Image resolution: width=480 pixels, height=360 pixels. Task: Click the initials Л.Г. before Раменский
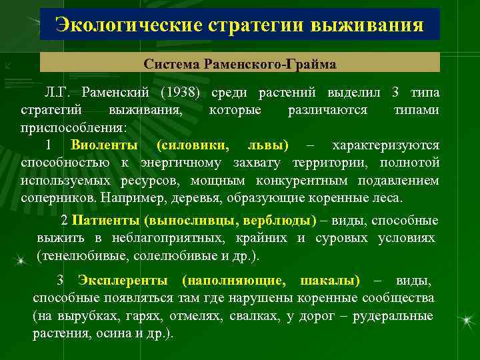pyautogui.click(x=57, y=91)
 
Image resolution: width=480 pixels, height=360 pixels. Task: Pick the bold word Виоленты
pyautogui.click(x=105, y=145)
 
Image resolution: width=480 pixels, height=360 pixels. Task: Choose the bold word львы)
pyautogui.click(x=268, y=145)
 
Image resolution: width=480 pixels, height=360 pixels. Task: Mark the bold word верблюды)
pyautogui.click(x=279, y=220)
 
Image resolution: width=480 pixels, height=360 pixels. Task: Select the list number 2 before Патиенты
pyautogui.click(x=64, y=220)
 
